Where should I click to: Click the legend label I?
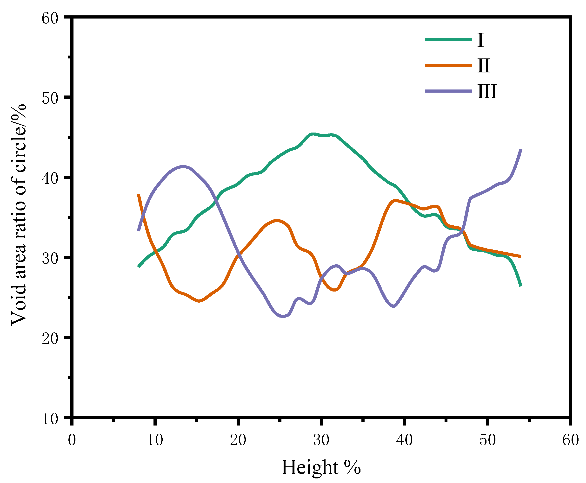(480, 40)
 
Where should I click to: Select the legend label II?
(483, 66)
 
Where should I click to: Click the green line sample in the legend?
(448, 40)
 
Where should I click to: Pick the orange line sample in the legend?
(448, 65)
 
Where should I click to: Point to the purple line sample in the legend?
(448, 91)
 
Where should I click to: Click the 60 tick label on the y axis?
(50, 18)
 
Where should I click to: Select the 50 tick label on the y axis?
(50, 98)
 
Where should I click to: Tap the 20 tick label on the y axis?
(50, 338)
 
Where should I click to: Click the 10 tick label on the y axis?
(50, 419)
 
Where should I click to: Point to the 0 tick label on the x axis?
(72, 440)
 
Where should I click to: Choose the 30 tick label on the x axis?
(321, 440)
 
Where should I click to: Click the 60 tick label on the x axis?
(570, 440)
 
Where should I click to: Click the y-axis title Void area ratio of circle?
(19, 214)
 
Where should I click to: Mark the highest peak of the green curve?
(313, 134)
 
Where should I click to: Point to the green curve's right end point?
(520, 286)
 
